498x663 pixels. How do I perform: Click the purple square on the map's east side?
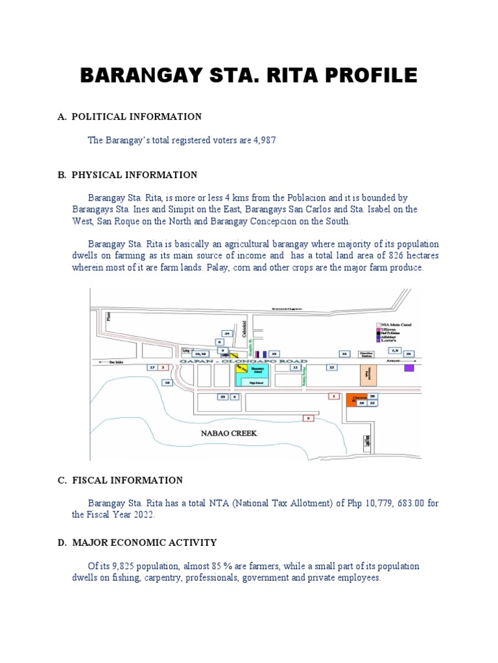point(409,368)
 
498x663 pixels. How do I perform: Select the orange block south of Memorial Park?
point(354,399)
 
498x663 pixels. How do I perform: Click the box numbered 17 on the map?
point(152,367)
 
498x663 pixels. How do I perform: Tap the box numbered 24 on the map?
point(227,333)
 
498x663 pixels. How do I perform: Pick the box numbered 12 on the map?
point(331,367)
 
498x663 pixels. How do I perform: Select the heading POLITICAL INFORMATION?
point(136,117)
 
